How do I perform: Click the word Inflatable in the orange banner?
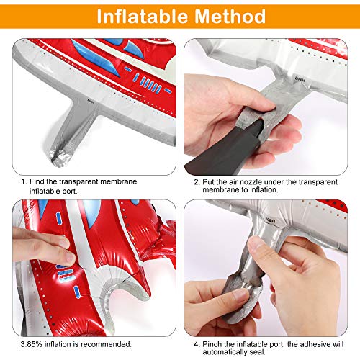143,17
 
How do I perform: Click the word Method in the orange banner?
230,17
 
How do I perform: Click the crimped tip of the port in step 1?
59,157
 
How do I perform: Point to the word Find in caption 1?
37,181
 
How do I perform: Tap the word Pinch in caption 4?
212,344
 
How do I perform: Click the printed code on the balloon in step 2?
300,79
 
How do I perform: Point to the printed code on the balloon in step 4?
271,220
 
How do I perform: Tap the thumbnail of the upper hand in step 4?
255,243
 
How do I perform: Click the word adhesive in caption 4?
315,344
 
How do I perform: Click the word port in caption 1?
70,192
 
